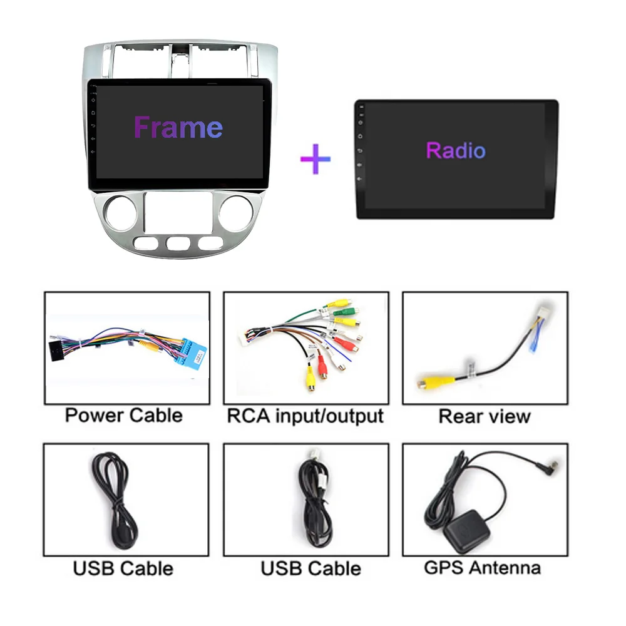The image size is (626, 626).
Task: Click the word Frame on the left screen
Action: point(178,128)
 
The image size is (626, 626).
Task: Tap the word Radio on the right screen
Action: point(456,150)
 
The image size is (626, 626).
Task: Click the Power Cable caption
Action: point(124,415)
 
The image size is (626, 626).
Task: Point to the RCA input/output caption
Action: point(305,416)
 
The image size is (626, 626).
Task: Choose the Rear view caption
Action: point(485,416)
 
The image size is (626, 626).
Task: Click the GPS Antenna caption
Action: point(482,567)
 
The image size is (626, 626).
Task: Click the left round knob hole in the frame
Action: point(121,213)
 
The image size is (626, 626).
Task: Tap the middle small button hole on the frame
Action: point(179,243)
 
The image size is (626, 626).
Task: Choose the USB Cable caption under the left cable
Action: point(123,568)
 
